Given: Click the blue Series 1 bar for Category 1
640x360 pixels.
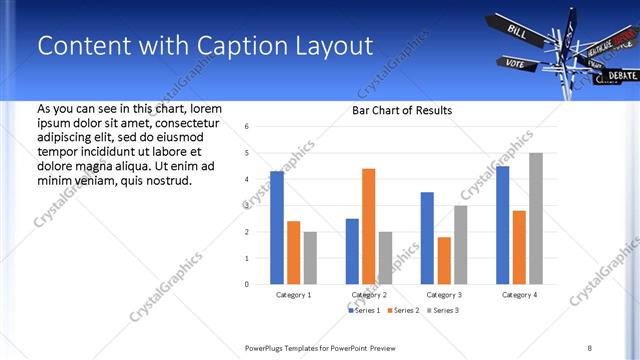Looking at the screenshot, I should pyautogui.click(x=277, y=227).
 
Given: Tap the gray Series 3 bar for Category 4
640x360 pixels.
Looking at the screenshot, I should pyautogui.click(x=536, y=218).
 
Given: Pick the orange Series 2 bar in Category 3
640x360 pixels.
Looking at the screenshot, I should pyautogui.click(x=444, y=260).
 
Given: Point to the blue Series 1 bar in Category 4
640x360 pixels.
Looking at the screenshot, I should pyautogui.click(x=502, y=225).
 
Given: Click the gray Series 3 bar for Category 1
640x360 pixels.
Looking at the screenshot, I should pyautogui.click(x=310, y=257).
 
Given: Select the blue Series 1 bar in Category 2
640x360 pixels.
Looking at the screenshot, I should pyautogui.click(x=352, y=251).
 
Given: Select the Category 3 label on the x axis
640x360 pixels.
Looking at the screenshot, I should pyautogui.click(x=443, y=295).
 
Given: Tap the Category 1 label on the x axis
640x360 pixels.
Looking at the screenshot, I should pyautogui.click(x=293, y=295).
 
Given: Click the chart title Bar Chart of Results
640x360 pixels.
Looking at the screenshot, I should pyautogui.click(x=401, y=110).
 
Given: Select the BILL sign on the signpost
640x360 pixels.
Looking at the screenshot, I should pyautogui.click(x=518, y=31).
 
